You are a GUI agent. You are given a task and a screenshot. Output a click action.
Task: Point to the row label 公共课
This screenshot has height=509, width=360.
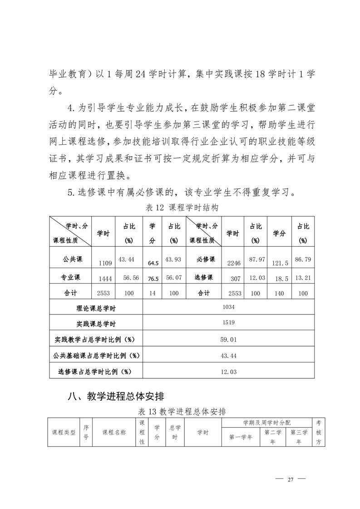tap(72, 259)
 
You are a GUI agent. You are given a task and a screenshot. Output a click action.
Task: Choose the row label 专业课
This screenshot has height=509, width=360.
tap(72, 277)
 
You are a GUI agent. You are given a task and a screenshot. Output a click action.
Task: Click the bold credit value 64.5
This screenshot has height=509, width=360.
tap(153, 263)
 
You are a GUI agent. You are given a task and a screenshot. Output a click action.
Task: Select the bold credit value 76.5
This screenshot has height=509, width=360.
tap(153, 279)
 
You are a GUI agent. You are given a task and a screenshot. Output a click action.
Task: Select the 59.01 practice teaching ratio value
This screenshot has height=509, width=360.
tap(228, 339)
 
